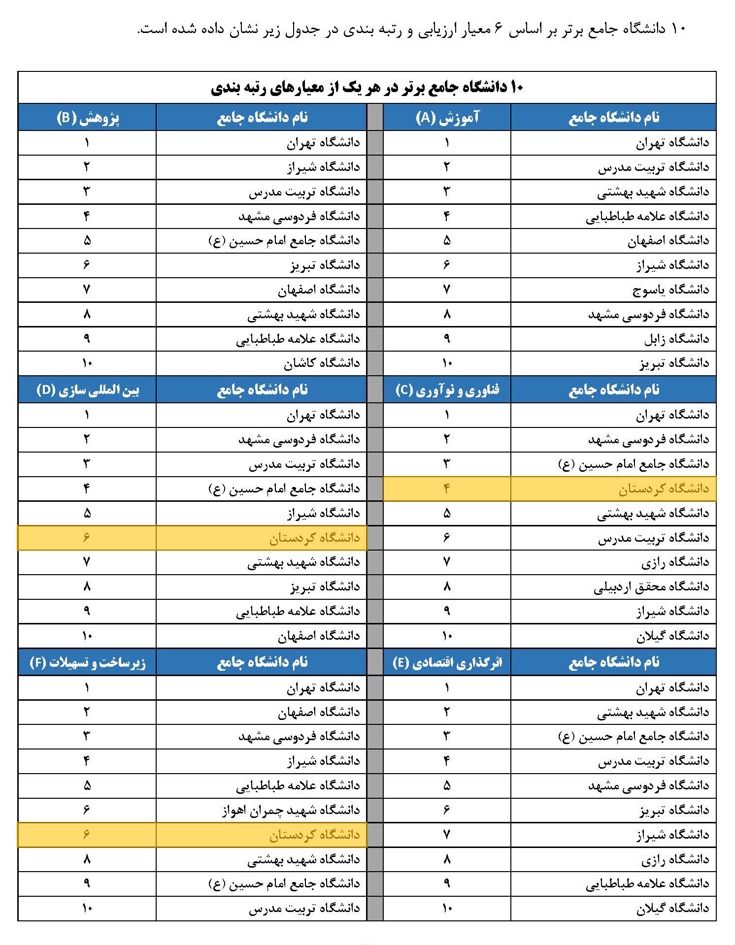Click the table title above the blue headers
pos(367,88)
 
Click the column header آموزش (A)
pos(447,117)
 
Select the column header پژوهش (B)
pos(87,117)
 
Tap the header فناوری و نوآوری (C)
pos(447,390)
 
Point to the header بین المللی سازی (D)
pos(87,390)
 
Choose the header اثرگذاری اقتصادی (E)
pos(447,662)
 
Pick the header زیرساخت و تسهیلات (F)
pos(87,662)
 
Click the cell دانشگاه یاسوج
pos(670,290)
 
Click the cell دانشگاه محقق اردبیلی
pos(651,587)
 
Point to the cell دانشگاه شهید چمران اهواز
pos(291,810)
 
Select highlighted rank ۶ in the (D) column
pos(87,537)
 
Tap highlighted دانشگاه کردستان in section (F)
pos(314,835)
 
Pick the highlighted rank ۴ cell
pos(447,489)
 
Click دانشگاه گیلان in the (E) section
pos(672,908)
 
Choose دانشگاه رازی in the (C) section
pos(675,562)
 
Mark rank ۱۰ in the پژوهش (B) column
pos(87,363)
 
